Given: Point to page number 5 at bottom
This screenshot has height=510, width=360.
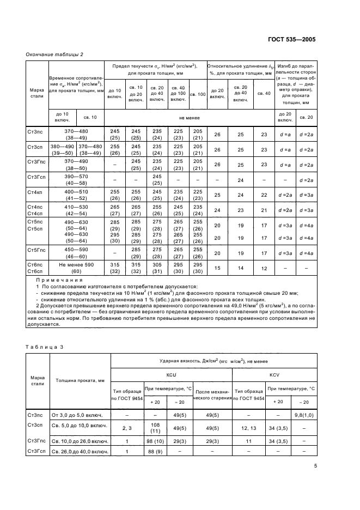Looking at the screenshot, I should click(316, 465).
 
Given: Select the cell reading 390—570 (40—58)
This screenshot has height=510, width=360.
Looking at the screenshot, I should click(76, 180).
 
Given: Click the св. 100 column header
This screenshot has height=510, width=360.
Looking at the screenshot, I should click(198, 94).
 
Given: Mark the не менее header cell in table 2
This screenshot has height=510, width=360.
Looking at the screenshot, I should click(189, 117).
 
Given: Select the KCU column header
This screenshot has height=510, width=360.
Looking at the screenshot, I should click(172, 375).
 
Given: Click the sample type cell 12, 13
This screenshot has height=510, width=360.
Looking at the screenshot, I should click(249, 428).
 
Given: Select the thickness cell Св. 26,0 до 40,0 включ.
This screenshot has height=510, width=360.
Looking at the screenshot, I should click(79, 452).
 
